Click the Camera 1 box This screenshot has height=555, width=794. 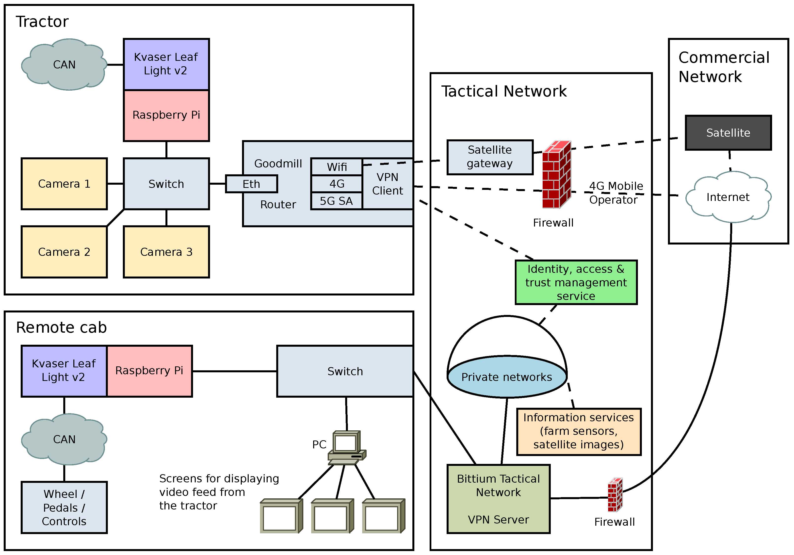64,184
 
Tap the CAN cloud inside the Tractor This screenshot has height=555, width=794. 64,65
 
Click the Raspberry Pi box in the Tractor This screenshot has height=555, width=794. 166,115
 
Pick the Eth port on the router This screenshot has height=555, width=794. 251,184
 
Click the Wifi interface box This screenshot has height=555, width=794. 337,167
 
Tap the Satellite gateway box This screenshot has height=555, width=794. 490,157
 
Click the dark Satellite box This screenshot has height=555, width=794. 728,133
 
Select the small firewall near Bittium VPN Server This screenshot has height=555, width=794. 615,495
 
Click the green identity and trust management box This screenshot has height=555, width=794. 576,282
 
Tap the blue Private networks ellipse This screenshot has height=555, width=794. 507,377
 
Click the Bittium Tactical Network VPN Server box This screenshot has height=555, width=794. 498,499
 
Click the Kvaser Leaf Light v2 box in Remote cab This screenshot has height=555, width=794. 64,371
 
